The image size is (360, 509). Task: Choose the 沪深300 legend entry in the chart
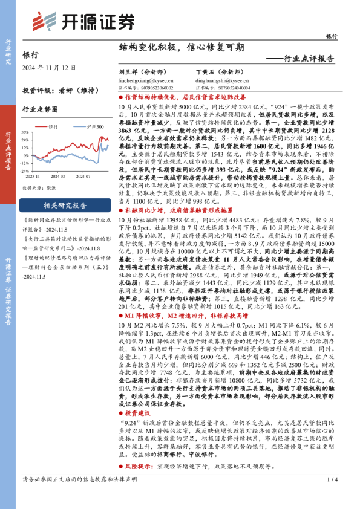tap(91, 126)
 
